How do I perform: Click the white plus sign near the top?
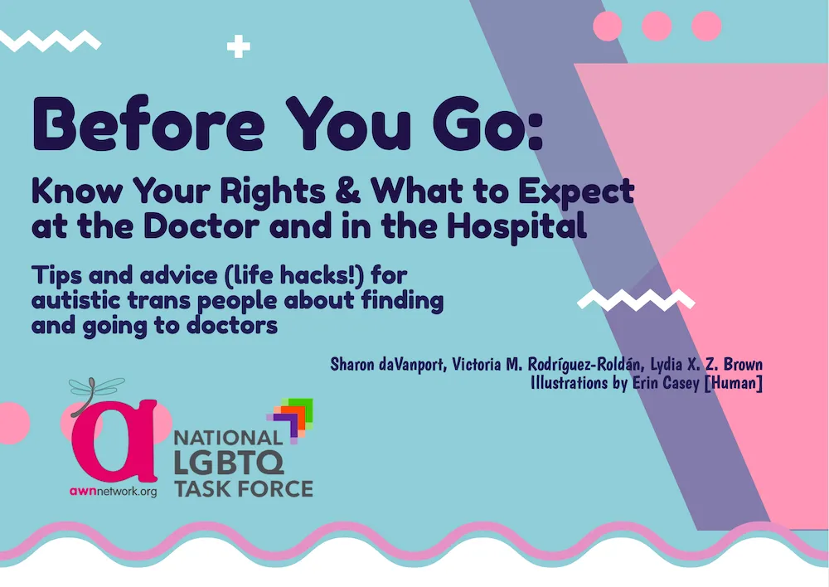click(x=239, y=46)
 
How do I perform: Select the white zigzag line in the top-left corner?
click(x=50, y=38)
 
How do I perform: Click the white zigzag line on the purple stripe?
click(x=636, y=300)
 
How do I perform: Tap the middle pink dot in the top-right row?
click(x=657, y=26)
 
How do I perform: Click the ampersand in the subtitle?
click(x=350, y=192)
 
